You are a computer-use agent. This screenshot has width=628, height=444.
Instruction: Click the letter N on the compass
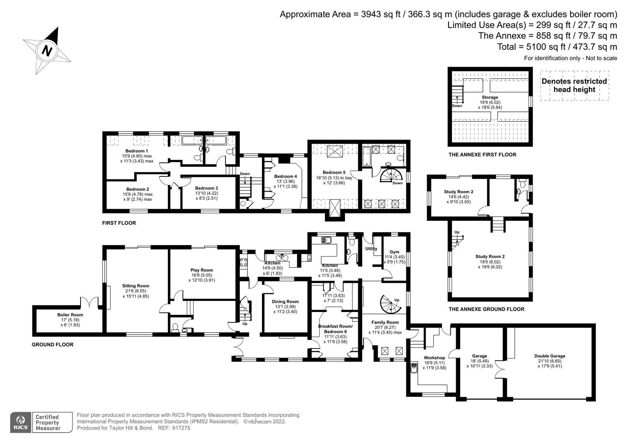(47, 51)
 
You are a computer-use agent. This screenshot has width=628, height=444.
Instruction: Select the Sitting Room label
(136, 286)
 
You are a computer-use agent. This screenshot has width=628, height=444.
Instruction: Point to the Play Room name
(202, 270)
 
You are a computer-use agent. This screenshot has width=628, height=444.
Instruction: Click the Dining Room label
(285, 301)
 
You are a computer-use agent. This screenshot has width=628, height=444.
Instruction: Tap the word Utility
(371, 249)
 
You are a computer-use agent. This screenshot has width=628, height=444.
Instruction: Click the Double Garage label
(549, 356)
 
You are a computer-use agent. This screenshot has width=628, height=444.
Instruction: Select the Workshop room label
(434, 358)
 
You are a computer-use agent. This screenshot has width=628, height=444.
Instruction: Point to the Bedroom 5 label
(334, 173)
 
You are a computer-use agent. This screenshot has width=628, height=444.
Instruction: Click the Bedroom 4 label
(285, 176)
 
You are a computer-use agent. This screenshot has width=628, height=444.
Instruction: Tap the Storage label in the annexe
(490, 97)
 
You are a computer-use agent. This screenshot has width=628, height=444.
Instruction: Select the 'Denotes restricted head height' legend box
(574, 86)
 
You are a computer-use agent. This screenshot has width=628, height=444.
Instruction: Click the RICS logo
(21, 423)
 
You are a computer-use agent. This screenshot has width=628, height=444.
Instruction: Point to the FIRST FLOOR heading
(119, 223)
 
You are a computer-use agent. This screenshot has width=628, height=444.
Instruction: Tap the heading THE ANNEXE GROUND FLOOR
(486, 309)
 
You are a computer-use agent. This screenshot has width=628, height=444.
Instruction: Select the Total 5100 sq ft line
(557, 47)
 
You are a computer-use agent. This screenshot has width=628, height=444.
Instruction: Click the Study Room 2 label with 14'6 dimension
(458, 192)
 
